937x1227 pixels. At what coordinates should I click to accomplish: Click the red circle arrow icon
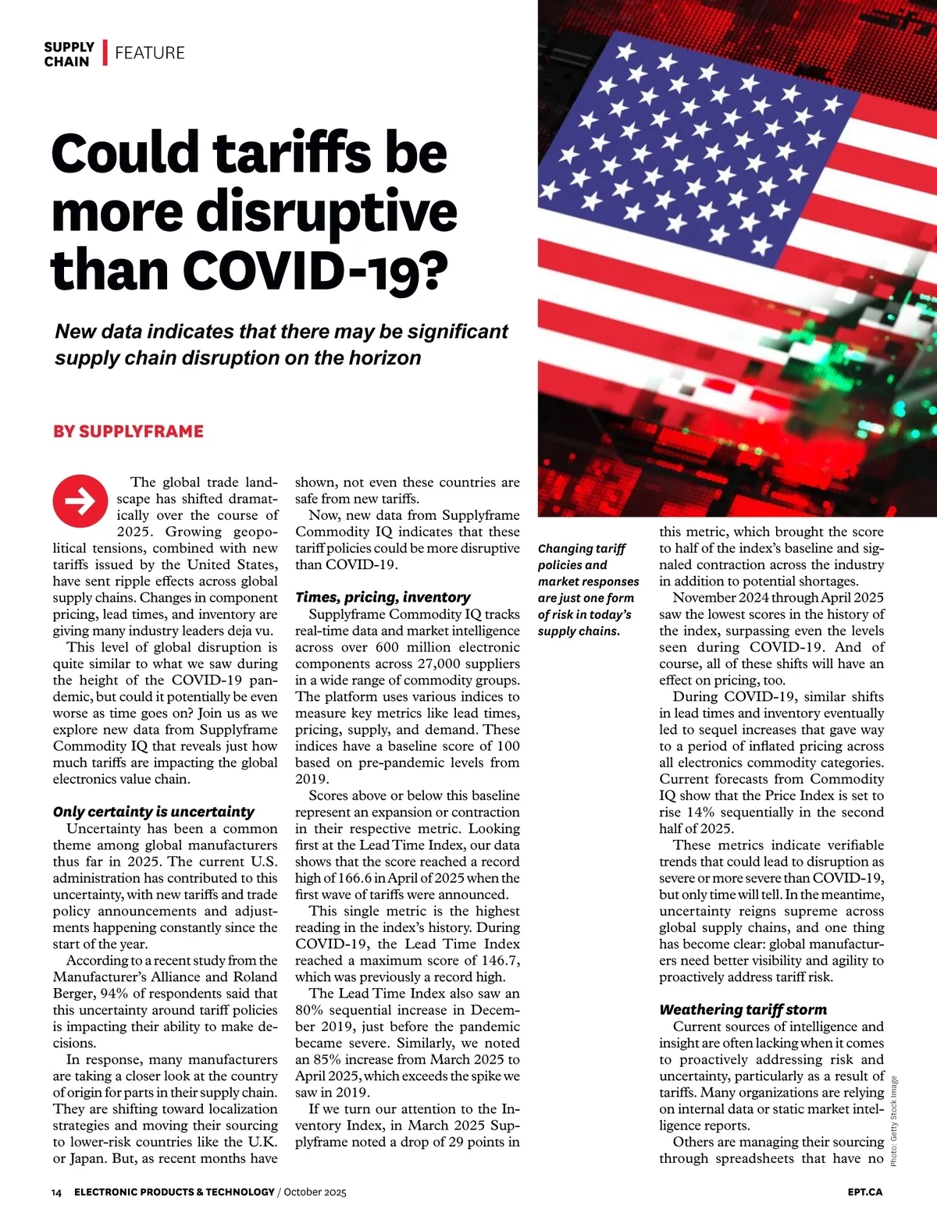point(80,500)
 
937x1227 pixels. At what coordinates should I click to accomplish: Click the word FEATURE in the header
point(150,53)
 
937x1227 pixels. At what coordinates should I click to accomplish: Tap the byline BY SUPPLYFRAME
point(128,432)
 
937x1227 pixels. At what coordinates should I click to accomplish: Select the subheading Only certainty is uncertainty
point(153,812)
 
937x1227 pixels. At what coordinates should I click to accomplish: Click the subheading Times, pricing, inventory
point(383,597)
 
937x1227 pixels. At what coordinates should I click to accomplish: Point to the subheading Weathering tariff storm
point(743,1009)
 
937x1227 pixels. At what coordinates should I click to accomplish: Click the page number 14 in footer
point(56,1192)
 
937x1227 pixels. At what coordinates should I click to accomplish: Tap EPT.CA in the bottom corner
point(864,1192)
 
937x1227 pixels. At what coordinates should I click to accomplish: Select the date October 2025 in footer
point(315,1192)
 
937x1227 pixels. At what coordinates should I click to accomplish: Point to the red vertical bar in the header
point(105,53)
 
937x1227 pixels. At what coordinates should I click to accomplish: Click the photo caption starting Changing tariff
point(587,589)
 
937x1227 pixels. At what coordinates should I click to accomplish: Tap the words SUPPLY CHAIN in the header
point(69,54)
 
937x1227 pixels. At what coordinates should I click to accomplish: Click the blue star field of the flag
point(687,140)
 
